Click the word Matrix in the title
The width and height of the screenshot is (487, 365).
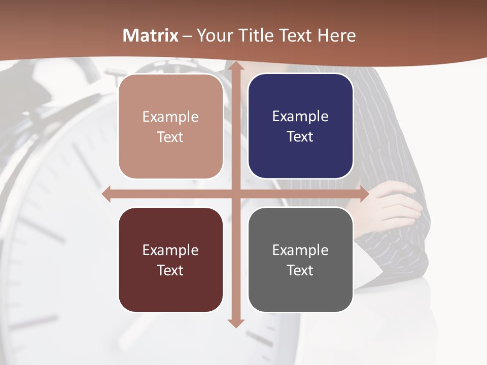point(151,35)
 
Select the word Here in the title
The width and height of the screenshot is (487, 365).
point(336,35)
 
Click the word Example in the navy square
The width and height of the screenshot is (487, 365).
point(300,116)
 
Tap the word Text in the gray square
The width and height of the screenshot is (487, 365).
point(300,270)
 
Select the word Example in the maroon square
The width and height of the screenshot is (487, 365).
point(170,250)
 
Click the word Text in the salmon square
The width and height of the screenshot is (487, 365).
point(170,137)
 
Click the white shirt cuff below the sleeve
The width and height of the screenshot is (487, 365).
point(368,264)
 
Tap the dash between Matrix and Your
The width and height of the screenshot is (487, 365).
point(187,36)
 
